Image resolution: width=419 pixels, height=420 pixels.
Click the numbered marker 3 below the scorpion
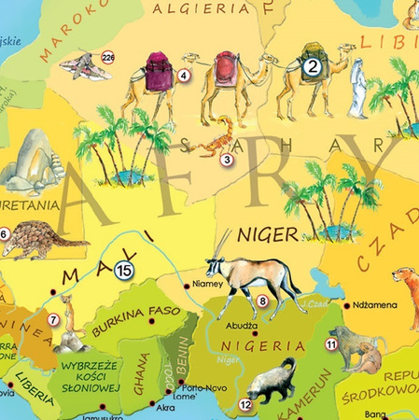coord(226,160)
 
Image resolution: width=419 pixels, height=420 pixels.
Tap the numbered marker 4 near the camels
coord(184,76)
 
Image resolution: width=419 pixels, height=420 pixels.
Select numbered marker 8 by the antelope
coord(263,301)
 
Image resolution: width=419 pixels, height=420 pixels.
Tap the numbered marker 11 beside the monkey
coord(330,344)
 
